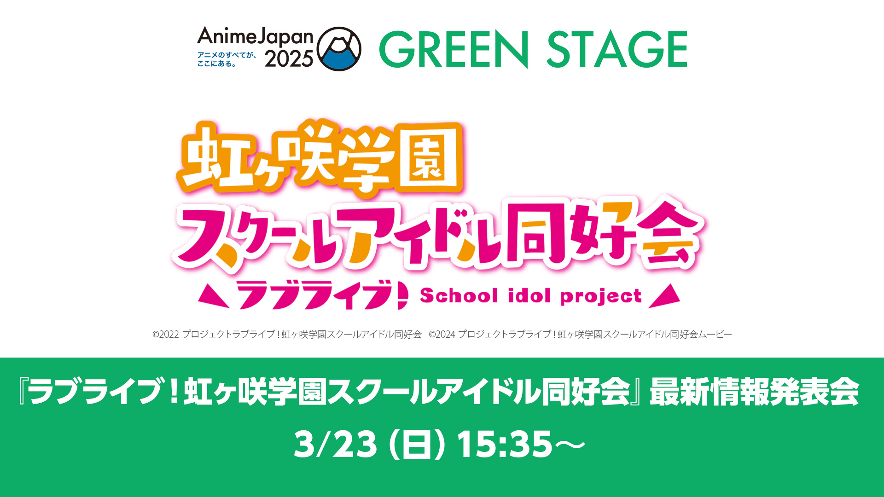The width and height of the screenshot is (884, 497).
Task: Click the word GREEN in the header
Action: point(454,49)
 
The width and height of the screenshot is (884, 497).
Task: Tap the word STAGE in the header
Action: point(617,49)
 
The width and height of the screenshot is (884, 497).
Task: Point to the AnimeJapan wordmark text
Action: point(255,37)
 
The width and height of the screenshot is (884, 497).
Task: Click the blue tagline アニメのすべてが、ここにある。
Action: point(227,59)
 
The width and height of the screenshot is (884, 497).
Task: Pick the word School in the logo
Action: point(459,295)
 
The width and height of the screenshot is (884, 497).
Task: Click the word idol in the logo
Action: point(529,295)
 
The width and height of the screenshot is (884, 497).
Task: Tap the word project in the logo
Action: point(601,297)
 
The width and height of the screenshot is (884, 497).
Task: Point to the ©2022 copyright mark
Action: point(166,335)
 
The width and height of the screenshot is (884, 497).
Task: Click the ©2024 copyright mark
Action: point(442,335)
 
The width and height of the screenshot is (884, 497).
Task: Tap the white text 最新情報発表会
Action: point(754,392)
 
